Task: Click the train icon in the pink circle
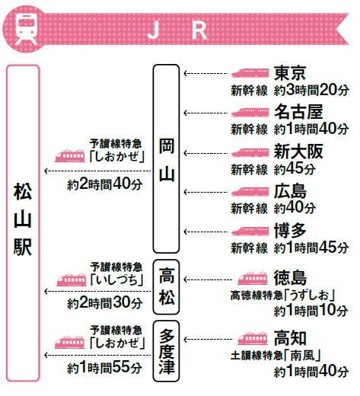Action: [x=26, y=30]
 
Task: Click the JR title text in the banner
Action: [x=177, y=30]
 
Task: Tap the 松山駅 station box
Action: [x=23, y=223]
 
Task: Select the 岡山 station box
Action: [x=166, y=158]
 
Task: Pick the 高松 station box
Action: [x=166, y=287]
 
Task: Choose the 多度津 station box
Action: [x=166, y=351]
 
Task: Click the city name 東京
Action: [x=290, y=73]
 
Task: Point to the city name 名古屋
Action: [x=298, y=112]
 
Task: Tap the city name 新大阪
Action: [x=298, y=152]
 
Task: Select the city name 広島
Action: [x=290, y=191]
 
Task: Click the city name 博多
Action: [x=290, y=231]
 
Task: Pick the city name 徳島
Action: [x=290, y=278]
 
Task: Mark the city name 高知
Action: [x=290, y=338]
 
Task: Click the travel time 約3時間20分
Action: [x=311, y=90]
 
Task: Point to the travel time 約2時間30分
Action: [x=104, y=302]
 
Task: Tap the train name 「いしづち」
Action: [x=116, y=280]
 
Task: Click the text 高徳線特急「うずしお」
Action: [x=283, y=295]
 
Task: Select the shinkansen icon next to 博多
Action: [x=250, y=232]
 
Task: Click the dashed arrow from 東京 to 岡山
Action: [x=205, y=74]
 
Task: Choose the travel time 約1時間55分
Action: [x=104, y=368]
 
